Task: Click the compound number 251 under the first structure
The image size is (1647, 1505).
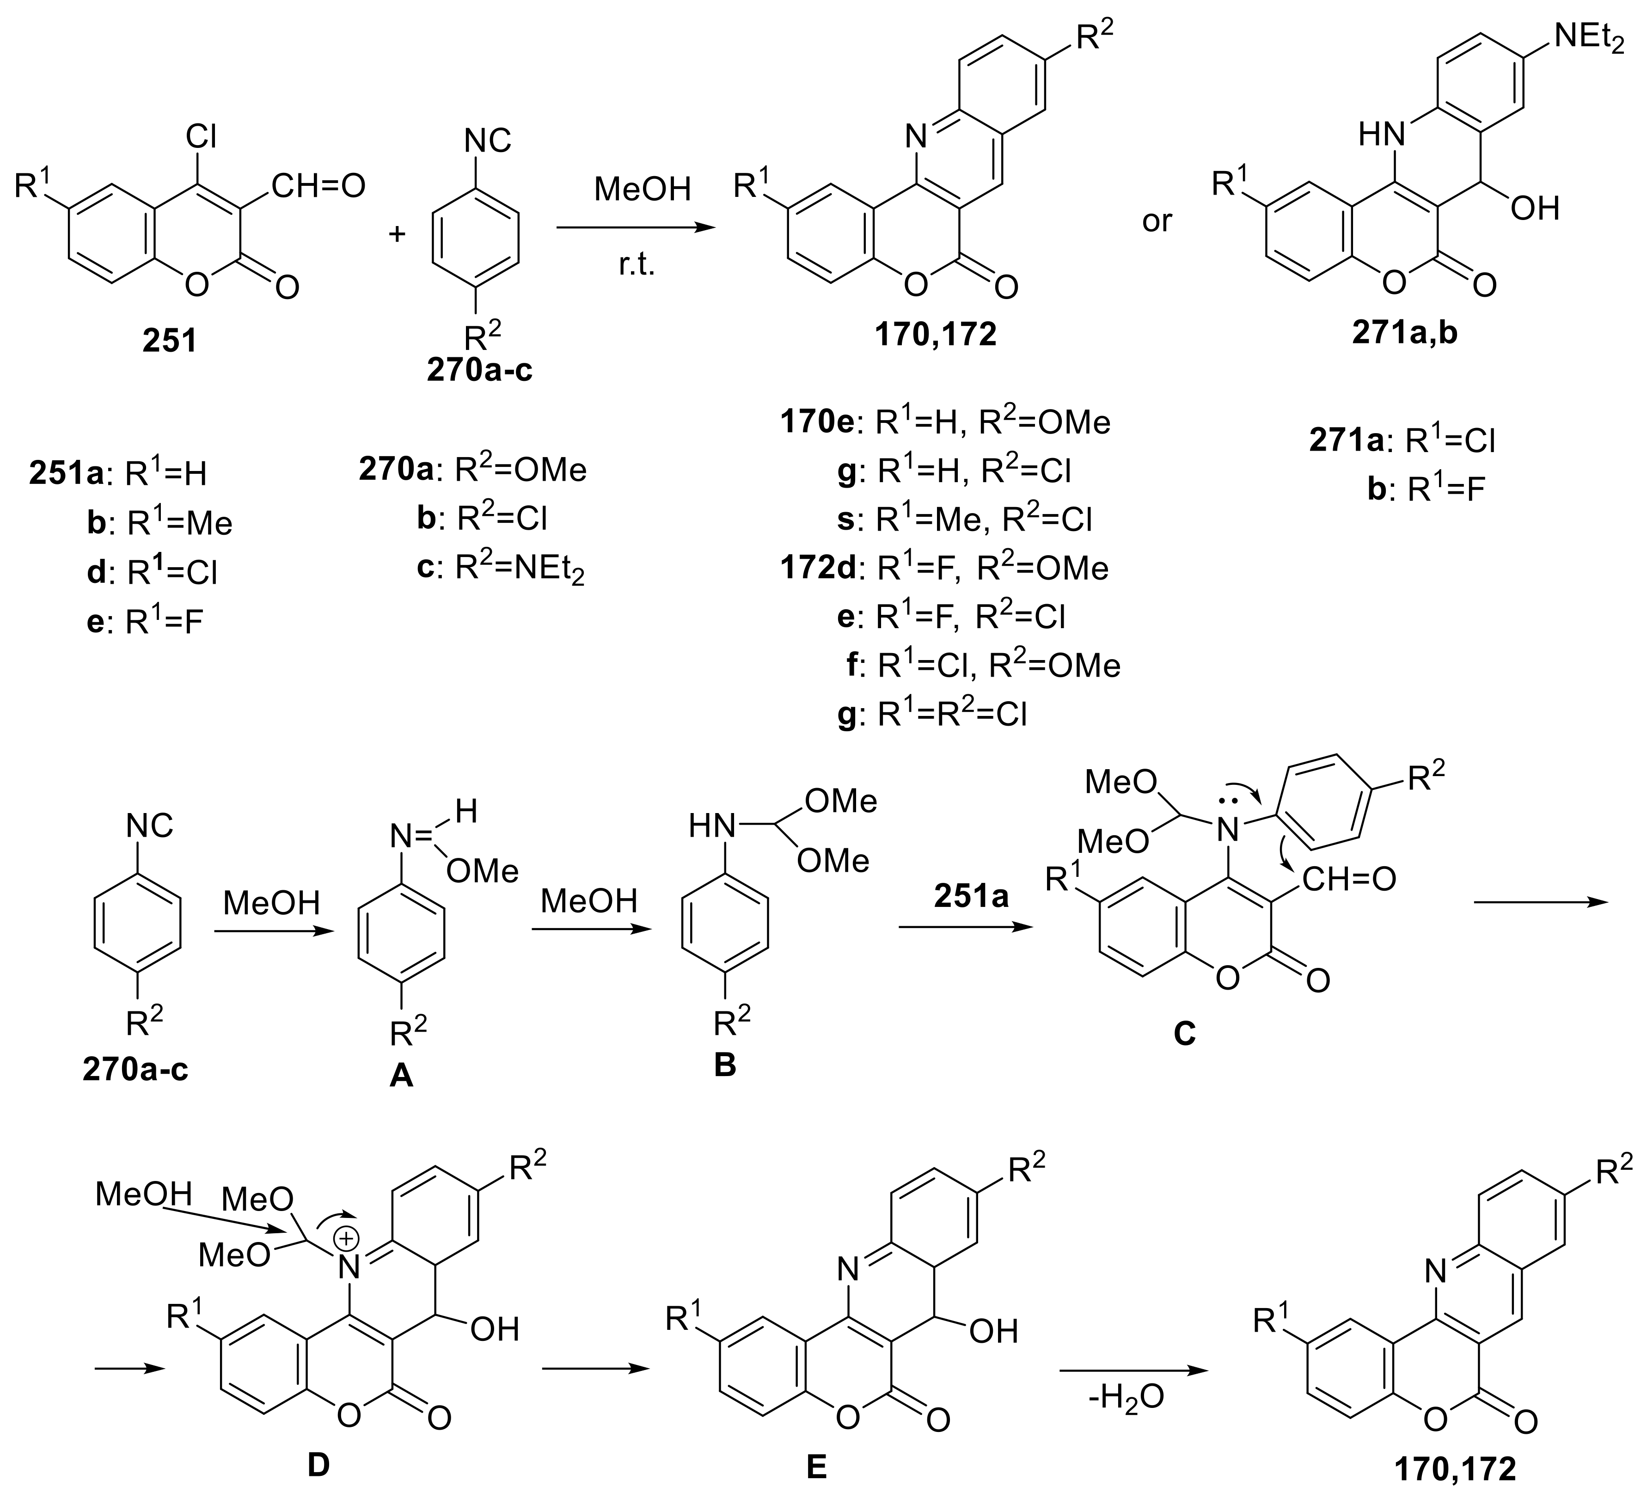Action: [170, 340]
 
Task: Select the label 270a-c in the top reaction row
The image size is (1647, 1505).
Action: [479, 370]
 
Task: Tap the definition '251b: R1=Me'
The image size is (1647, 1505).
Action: [159, 522]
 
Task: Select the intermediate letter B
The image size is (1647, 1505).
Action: [725, 1065]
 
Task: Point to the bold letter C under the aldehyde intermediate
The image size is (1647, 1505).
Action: [1185, 1034]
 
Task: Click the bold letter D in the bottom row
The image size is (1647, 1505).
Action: [318, 1465]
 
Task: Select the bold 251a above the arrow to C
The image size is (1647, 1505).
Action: [971, 896]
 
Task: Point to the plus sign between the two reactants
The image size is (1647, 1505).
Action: [398, 234]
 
